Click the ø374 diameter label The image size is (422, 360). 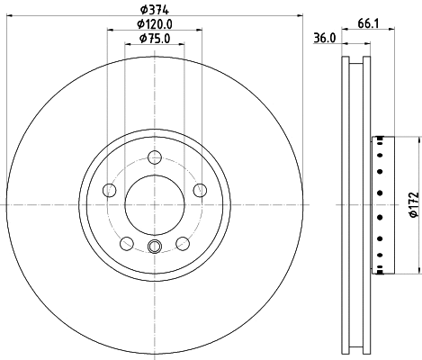tap(154, 10)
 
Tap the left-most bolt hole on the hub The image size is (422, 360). tap(111, 190)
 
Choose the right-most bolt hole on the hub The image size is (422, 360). tap(198, 190)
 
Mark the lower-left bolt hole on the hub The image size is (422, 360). tap(127, 243)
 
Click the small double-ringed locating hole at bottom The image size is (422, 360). tap(154, 249)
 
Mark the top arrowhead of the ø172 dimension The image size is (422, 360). tap(419, 139)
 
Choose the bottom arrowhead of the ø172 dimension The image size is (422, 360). tap(419, 269)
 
